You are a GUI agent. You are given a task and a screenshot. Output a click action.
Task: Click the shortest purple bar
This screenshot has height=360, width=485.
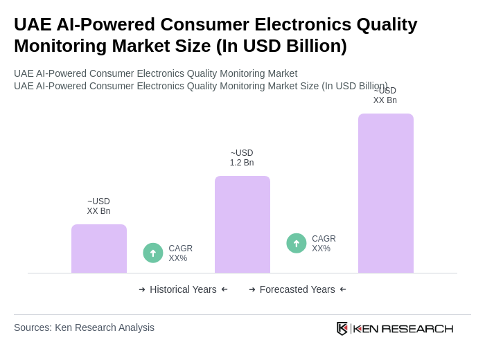[99, 249]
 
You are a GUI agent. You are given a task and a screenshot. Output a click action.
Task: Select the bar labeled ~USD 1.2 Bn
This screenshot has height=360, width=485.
[242, 224]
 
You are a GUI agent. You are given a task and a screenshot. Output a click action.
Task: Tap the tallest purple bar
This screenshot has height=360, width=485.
[386, 193]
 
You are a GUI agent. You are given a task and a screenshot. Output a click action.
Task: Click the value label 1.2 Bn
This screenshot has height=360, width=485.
[242, 163]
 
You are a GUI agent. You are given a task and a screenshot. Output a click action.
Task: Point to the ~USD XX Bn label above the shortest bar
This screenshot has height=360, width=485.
[98, 206]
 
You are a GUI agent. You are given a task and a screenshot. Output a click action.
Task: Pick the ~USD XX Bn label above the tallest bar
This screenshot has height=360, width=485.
[385, 96]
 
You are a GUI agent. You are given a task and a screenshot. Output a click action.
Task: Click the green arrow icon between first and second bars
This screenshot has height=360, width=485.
[153, 253]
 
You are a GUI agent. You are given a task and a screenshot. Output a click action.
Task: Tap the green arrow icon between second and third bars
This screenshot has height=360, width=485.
[297, 243]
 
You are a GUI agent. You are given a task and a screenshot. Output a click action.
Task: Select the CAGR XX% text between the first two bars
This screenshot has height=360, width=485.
[180, 253]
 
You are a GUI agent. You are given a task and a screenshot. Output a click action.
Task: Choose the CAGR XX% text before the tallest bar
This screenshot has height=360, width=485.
[324, 244]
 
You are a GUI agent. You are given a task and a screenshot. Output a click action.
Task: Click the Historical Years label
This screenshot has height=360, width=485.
[183, 289]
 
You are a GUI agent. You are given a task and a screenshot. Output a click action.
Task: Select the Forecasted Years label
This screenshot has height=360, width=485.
[297, 289]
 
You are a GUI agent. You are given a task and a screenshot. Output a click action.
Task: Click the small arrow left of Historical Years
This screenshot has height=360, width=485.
[142, 289]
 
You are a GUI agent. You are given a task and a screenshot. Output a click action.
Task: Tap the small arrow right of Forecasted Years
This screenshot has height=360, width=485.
[343, 289]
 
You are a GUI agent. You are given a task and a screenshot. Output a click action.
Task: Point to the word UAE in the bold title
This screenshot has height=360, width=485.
[33, 24]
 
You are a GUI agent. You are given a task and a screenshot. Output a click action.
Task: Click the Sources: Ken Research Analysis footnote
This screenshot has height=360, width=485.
[84, 327]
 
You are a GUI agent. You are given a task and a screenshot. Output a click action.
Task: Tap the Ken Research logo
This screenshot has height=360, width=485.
[395, 328]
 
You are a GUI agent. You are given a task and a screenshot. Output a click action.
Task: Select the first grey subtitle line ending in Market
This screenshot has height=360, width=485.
[155, 73]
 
